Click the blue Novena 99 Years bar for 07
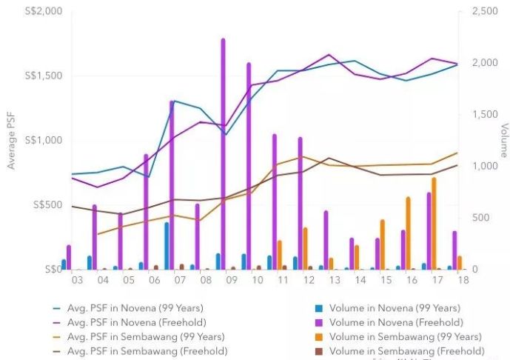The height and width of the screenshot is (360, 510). (167, 245)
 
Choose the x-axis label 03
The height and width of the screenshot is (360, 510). (76, 281)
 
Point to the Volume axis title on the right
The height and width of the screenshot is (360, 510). (503, 141)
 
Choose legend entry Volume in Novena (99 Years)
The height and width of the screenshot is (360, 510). (392, 308)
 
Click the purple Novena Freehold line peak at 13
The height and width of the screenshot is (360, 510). (329, 55)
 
